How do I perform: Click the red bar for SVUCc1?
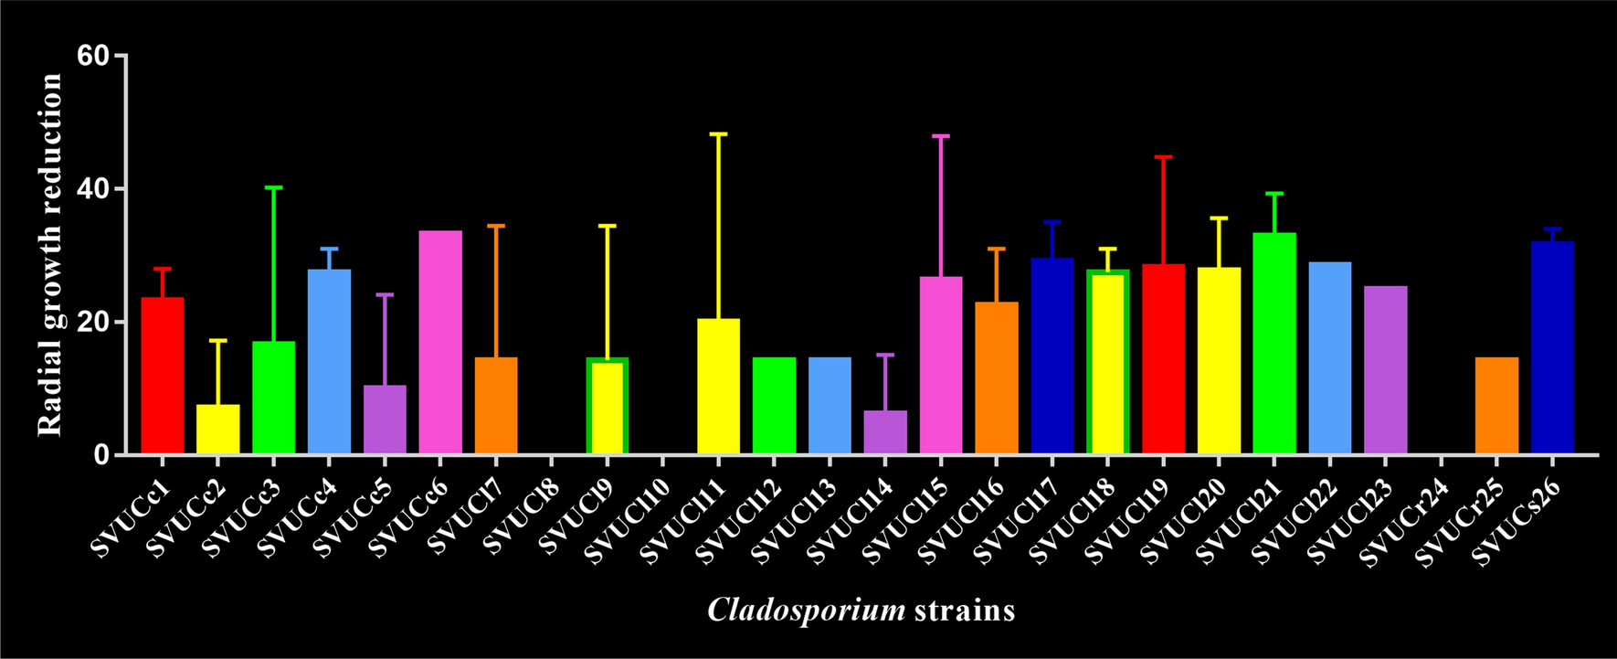click(162, 375)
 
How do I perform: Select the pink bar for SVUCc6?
click(440, 343)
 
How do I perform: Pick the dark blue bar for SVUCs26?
click(1552, 347)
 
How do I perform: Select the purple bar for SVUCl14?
click(885, 432)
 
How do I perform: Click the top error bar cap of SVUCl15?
click(941, 135)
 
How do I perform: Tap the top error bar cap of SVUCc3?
click(273, 187)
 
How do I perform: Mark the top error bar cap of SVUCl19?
click(1163, 157)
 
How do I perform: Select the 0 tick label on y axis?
click(101, 455)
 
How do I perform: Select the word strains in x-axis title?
click(964, 610)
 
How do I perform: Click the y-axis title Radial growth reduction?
click(50, 255)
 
